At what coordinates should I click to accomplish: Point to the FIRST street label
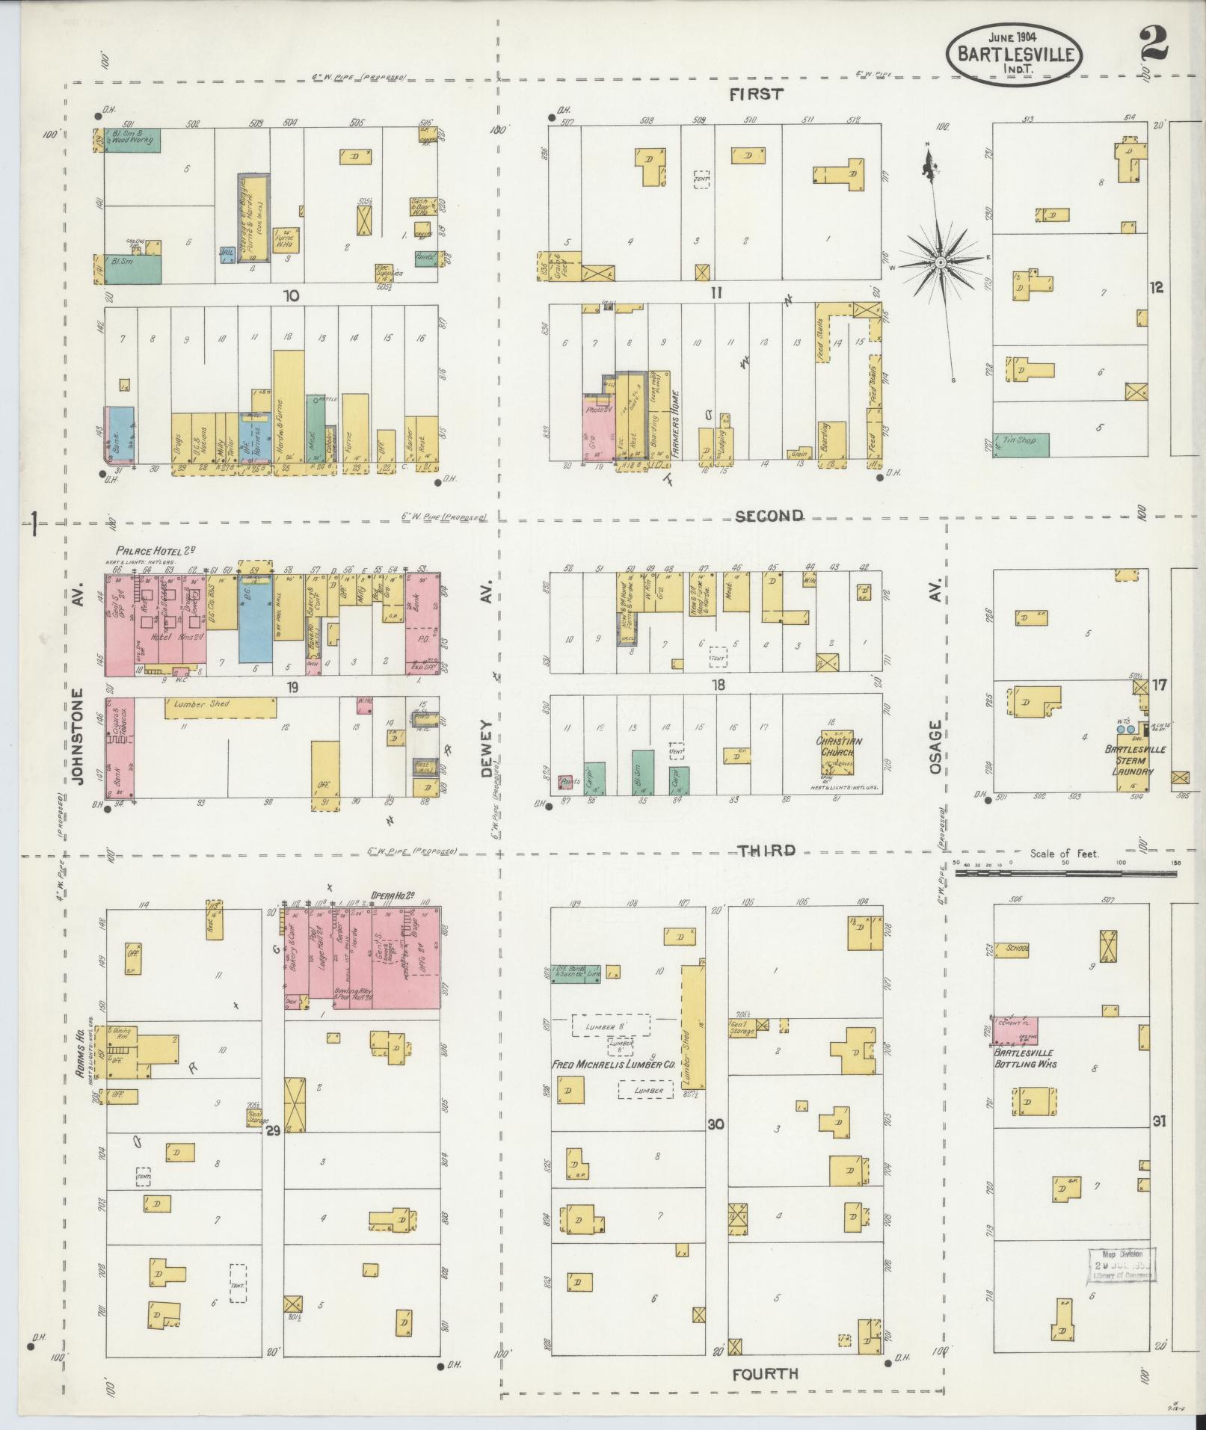(757, 94)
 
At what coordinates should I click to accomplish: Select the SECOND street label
(769, 516)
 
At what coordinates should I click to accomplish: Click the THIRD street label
(766, 851)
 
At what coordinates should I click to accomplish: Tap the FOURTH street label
(766, 1374)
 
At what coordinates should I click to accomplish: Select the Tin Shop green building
(1021, 445)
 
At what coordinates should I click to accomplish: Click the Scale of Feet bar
(1066, 870)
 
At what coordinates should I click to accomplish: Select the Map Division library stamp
(1120, 1264)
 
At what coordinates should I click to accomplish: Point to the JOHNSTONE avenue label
(79, 735)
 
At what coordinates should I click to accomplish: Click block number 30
(716, 1123)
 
